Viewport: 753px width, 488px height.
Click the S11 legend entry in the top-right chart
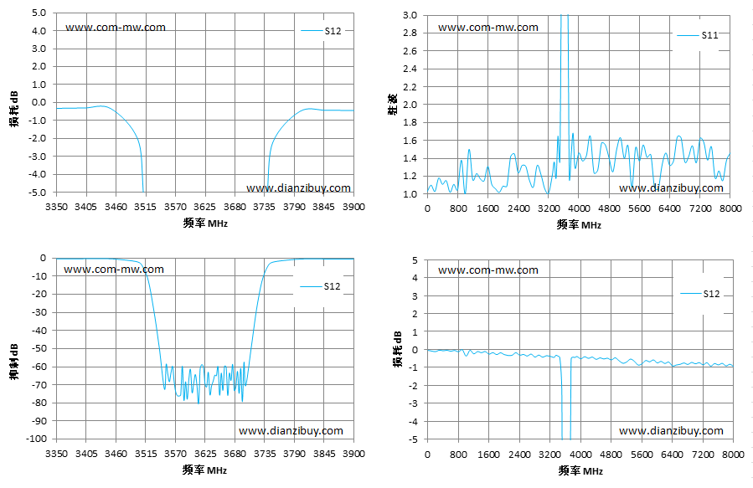pos(698,35)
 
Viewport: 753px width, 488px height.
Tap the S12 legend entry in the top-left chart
pos(322,31)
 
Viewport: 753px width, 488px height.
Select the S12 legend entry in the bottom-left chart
pos(320,286)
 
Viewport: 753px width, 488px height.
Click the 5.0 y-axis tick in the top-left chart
pos(39,13)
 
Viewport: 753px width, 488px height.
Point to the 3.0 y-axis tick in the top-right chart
pos(410,15)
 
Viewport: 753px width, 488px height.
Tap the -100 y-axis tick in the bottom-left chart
pos(37,439)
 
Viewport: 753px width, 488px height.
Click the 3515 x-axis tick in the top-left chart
pos(146,207)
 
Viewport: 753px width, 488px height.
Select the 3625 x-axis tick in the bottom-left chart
pos(204,454)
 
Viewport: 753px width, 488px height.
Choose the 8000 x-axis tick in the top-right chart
pos(730,208)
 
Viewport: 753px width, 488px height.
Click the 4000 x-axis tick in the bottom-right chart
pos(580,455)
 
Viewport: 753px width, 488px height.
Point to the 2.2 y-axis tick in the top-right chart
pos(410,87)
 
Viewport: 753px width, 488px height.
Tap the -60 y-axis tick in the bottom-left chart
pos(39,367)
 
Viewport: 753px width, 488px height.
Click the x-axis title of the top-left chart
pos(205,223)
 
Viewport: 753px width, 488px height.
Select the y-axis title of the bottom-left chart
pos(14,362)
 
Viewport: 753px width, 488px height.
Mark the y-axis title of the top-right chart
pos(392,104)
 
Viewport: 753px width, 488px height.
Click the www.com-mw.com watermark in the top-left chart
pos(116,28)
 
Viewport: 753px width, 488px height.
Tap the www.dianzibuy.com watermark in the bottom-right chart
pos(672,431)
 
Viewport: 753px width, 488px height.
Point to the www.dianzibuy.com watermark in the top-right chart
pos(672,188)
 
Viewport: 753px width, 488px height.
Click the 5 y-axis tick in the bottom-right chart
pos(415,260)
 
